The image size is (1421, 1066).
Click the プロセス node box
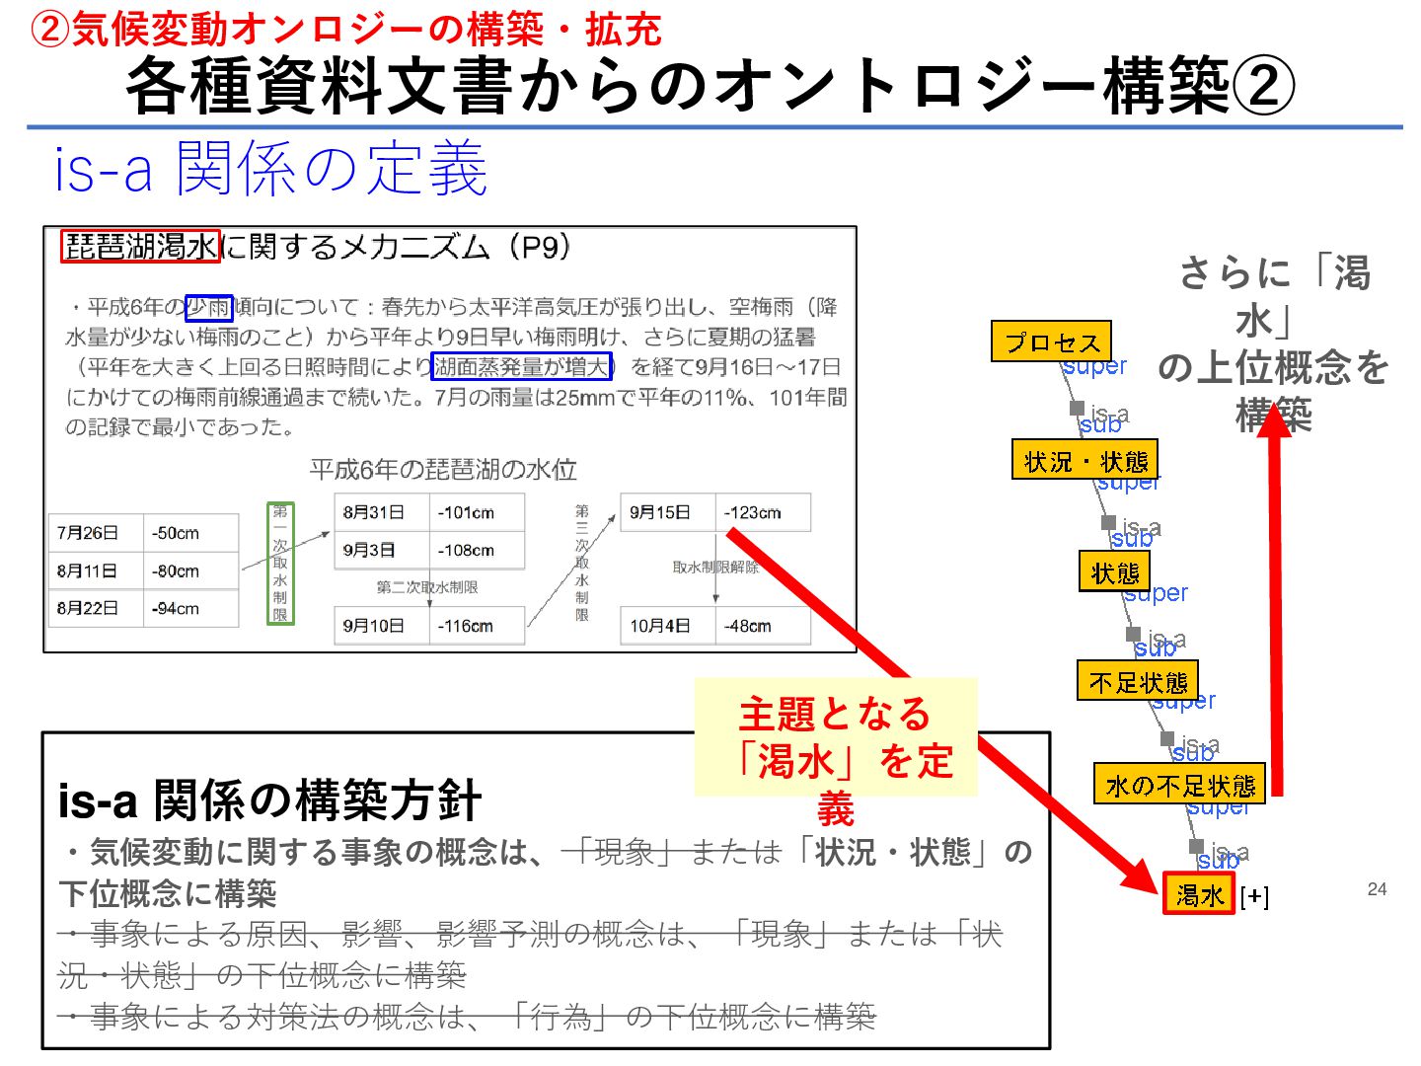click(1051, 342)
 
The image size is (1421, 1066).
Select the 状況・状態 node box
click(1084, 460)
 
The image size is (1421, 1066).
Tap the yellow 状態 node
click(1114, 571)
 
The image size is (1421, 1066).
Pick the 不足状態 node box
click(1137, 681)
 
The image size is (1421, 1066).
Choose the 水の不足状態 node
click(1179, 785)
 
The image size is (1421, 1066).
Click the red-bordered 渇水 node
click(1199, 894)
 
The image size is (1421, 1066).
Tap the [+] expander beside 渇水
click(1254, 896)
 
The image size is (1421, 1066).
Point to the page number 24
click(1377, 889)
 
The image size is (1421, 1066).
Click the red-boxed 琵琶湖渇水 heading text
click(140, 247)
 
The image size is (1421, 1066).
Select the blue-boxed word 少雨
click(209, 308)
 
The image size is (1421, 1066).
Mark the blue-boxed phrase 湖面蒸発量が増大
click(522, 367)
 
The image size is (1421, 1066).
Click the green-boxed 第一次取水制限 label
click(280, 564)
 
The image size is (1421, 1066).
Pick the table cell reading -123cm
click(762, 512)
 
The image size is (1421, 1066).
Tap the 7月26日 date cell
click(96, 533)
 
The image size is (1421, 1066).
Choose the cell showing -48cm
click(762, 626)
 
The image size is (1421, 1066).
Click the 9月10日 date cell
click(382, 626)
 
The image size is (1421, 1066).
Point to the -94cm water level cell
click(189, 609)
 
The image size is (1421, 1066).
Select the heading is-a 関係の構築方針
click(269, 800)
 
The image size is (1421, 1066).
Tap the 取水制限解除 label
click(715, 568)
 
